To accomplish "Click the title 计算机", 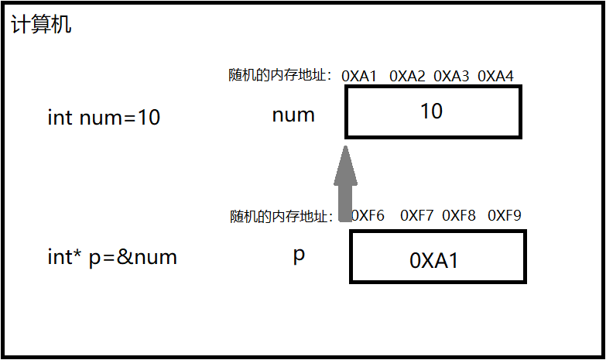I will [41, 25].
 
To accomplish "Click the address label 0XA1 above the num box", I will [359, 76].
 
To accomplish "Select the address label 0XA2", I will [407, 76].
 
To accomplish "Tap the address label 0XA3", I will [451, 76].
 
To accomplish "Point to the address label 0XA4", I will [495, 76].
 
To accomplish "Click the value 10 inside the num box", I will [431, 111].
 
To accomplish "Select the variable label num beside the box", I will [293, 115].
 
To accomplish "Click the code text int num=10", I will [104, 118].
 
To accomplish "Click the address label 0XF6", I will [368, 215].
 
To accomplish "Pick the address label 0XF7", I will [416, 215].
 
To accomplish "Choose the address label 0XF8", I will [459, 215].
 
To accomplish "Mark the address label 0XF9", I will [505, 215].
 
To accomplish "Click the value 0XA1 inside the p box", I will [434, 261].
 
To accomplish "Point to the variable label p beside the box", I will [299, 255].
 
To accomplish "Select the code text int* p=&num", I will [112, 257].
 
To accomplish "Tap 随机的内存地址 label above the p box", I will [281, 216].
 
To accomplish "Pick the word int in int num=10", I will [60, 118].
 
